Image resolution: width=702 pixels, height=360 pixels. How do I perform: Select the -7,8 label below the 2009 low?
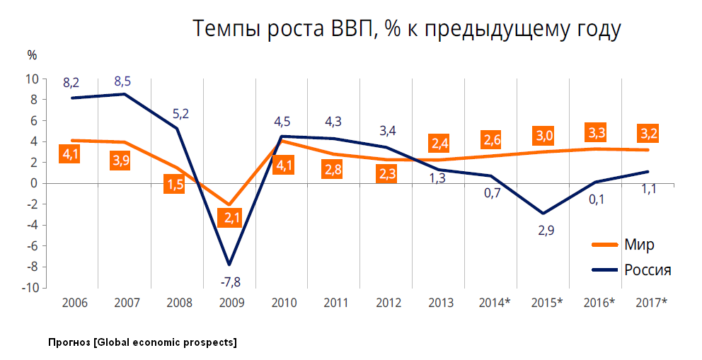231,282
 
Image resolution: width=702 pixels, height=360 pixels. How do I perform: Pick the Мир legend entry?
639,245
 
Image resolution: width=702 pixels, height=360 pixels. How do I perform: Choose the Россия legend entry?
648,269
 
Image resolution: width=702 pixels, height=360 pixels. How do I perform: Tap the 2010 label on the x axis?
283,303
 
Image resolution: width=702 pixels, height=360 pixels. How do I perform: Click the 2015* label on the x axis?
546,303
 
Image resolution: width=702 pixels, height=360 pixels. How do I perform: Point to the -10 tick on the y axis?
29,288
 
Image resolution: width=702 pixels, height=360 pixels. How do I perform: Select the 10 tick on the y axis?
33,79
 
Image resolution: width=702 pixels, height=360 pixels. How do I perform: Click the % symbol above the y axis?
32,54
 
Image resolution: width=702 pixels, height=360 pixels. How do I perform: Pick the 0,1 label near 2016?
596,199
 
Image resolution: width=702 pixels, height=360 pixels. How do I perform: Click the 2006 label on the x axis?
74,303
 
